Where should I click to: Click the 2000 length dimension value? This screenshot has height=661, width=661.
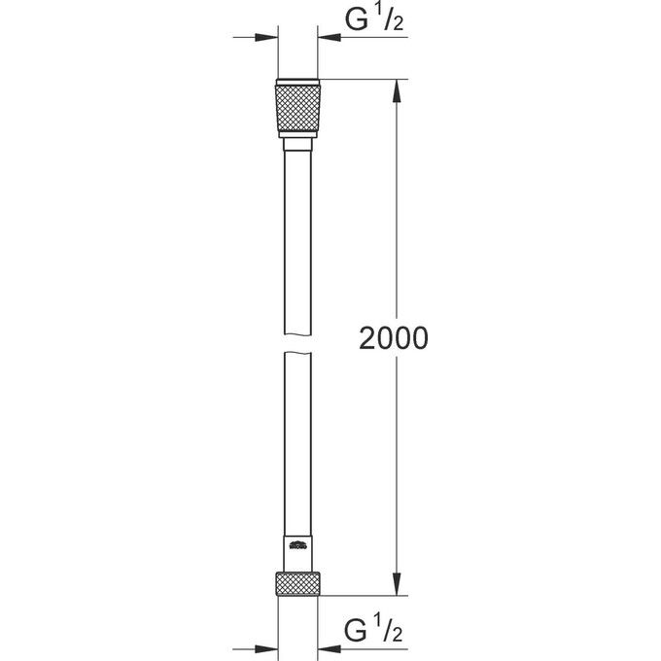point(394,339)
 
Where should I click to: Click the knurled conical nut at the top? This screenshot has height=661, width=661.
point(299,110)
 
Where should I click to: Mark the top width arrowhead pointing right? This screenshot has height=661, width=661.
point(266,39)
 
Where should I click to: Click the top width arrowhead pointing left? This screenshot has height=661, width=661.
point(331,39)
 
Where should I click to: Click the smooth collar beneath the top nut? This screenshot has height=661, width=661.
point(299,145)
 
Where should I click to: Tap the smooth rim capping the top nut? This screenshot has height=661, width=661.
point(299,81)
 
